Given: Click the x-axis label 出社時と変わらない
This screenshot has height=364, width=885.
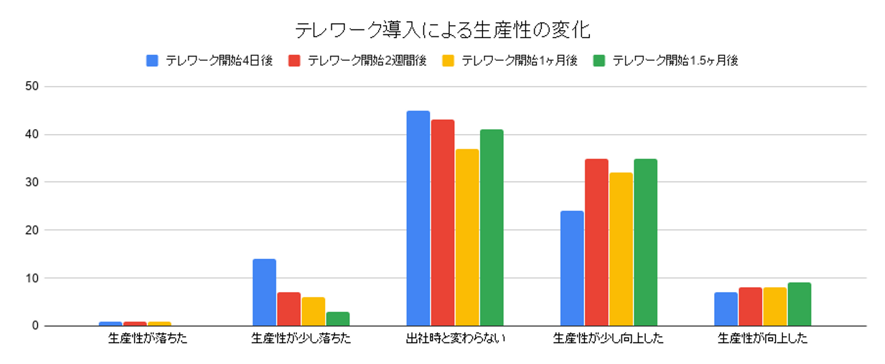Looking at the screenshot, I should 455,339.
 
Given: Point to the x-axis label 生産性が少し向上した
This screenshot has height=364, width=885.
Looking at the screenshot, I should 608,339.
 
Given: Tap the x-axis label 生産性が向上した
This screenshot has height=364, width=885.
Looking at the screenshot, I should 762,339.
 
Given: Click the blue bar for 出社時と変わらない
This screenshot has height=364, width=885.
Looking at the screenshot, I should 418,218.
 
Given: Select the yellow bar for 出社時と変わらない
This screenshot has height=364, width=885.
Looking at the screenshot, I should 467,237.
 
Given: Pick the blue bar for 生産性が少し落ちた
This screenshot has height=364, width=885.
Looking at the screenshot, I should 264,293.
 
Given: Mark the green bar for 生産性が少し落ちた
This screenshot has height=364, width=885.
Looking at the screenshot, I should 338,319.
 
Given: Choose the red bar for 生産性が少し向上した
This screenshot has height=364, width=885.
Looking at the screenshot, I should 597,242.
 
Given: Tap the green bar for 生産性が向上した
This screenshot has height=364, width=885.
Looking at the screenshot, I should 800,304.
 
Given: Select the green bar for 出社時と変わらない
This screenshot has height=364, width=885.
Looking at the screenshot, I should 492,228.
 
